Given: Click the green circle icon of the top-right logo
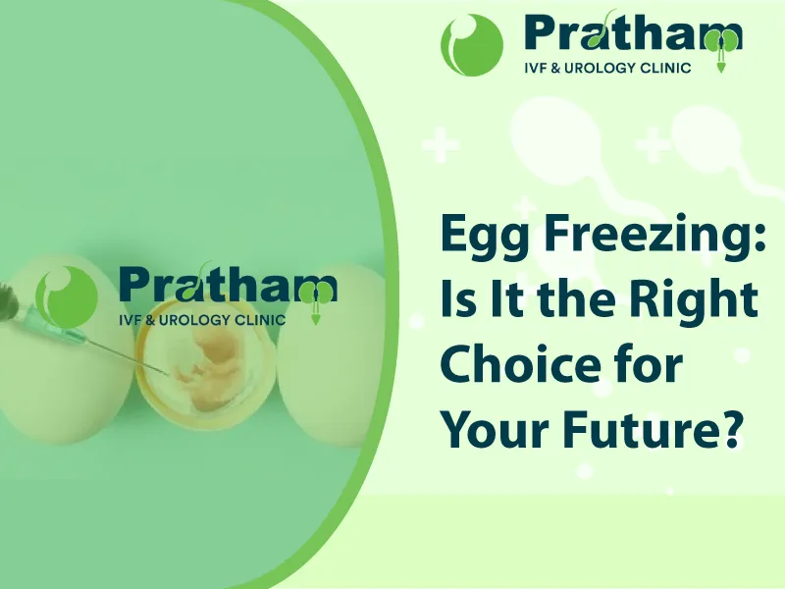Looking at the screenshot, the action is (x=472, y=45).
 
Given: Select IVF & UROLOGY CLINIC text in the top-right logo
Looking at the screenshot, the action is (x=607, y=68).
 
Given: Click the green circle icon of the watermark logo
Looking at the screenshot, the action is (x=67, y=297).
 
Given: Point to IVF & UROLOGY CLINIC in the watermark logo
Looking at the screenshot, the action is (x=202, y=320).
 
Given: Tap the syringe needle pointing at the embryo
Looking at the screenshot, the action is (x=127, y=356).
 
